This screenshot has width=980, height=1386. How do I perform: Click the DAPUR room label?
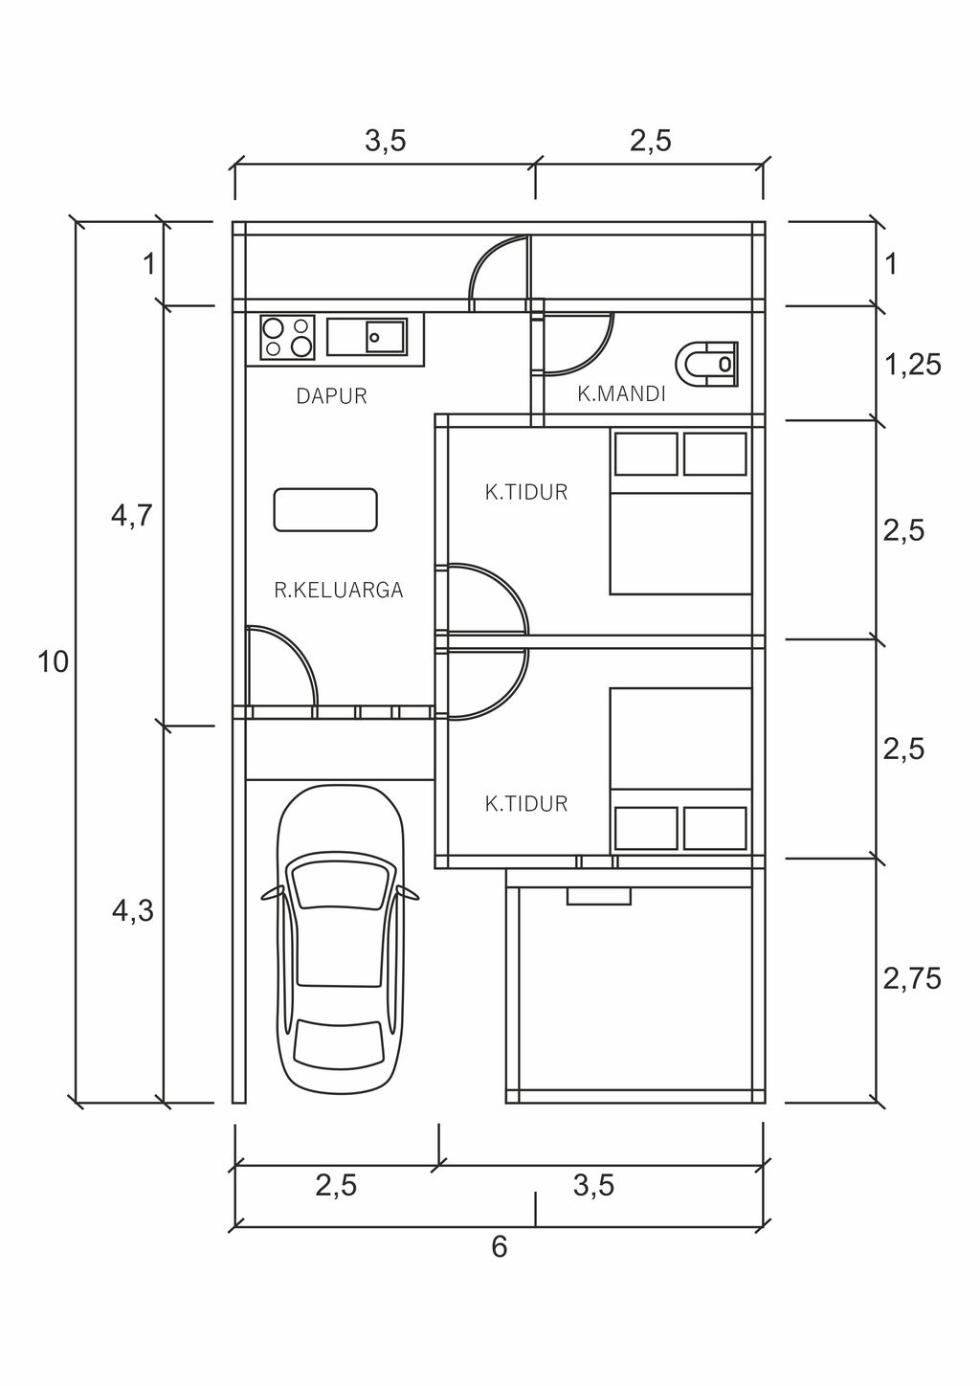(331, 395)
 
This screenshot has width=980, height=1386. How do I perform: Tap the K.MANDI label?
(621, 393)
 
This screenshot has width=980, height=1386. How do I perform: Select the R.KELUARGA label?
(339, 591)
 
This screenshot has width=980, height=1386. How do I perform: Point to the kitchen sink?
(367, 337)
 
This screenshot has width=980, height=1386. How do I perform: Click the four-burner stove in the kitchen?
(288, 337)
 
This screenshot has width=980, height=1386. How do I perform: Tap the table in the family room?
(325, 509)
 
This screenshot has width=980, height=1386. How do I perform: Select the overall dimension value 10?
(54, 661)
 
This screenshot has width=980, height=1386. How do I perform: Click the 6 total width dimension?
(499, 1247)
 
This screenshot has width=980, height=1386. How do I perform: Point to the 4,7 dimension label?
(132, 517)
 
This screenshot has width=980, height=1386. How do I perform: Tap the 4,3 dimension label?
(132, 911)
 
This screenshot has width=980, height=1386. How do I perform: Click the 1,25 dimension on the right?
(912, 365)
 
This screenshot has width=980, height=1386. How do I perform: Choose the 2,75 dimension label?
(912, 978)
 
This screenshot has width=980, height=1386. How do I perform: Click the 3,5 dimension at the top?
(385, 142)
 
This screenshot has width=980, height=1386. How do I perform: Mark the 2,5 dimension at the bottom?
(336, 1186)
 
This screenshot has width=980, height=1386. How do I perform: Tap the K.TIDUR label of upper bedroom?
(526, 493)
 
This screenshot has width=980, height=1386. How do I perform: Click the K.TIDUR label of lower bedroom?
(526, 804)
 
